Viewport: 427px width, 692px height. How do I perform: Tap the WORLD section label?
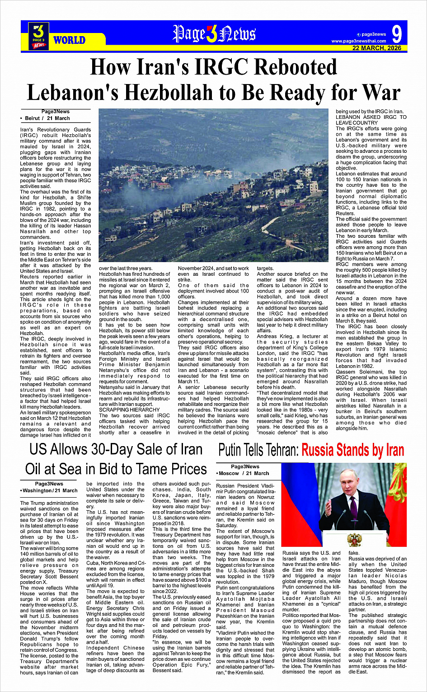(x=69, y=40)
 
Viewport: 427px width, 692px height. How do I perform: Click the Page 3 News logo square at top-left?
(x=38, y=36)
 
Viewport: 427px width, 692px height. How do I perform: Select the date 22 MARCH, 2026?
(x=377, y=48)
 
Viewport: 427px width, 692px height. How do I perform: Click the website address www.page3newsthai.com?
(x=359, y=41)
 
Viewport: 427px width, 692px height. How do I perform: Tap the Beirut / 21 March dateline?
(x=47, y=118)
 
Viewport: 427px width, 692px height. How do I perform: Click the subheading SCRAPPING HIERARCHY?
(x=123, y=410)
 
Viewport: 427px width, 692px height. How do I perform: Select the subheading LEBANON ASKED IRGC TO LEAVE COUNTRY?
(x=371, y=120)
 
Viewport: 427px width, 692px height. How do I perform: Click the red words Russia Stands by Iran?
(x=352, y=451)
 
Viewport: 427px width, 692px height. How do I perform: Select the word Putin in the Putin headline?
(x=233, y=451)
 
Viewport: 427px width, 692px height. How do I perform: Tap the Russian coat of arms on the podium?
(x=354, y=539)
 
